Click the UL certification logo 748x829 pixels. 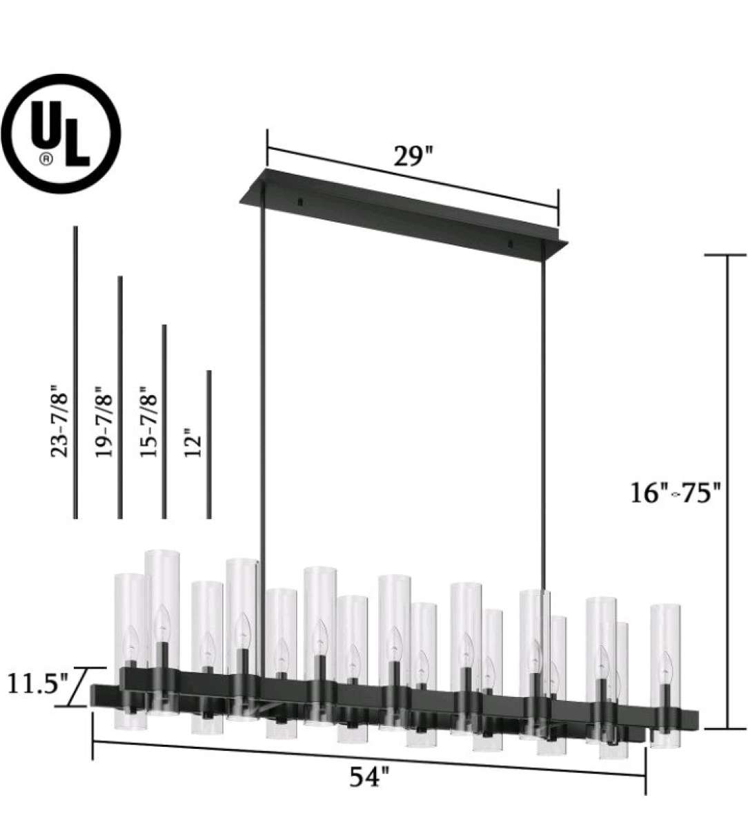pyautogui.click(x=60, y=133)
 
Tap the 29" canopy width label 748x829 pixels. pyautogui.click(x=413, y=156)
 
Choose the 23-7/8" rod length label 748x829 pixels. pyautogui.click(x=59, y=421)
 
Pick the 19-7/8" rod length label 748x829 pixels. pyautogui.click(x=104, y=421)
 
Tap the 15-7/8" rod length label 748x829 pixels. pyautogui.click(x=148, y=421)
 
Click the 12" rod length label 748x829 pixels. pyautogui.click(x=193, y=440)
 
